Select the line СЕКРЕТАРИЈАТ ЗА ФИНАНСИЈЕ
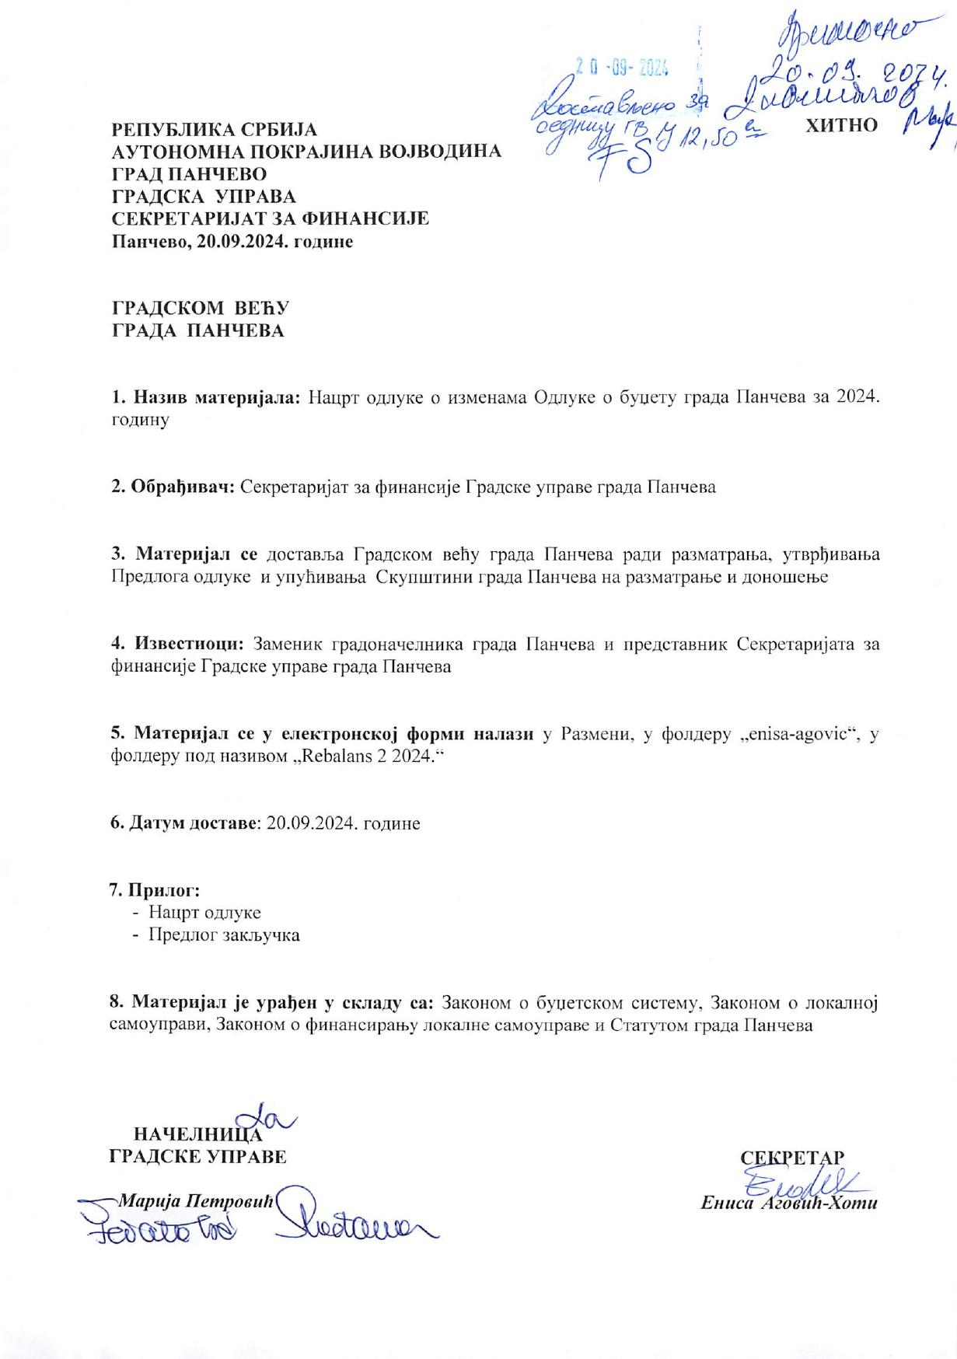tap(271, 218)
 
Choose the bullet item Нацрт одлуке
tap(204, 912)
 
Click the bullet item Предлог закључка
tap(224, 935)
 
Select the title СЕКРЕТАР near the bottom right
tap(792, 1156)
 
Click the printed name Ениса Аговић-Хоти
tap(788, 1204)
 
